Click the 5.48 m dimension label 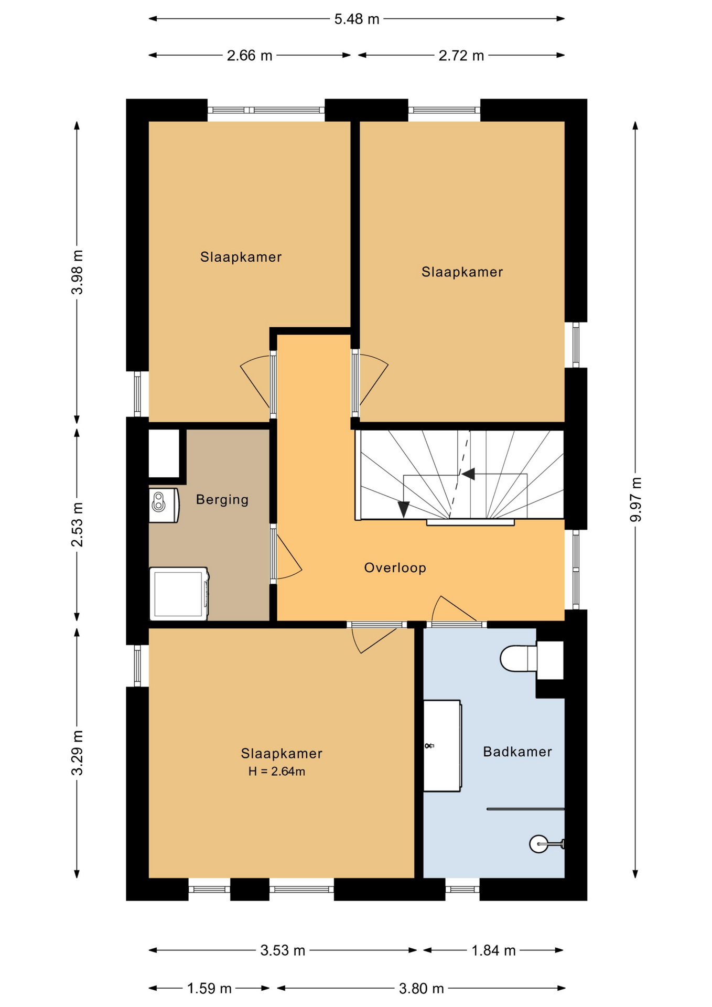coord(357,19)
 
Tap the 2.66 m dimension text coord(250,56)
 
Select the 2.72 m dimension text coord(461,56)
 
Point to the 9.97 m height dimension coord(635,499)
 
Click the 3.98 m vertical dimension coord(77,272)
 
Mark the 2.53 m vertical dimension coord(77,524)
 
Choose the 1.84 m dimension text coord(493,950)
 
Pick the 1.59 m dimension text coord(209,989)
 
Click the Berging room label coord(222,499)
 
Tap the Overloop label coord(395,567)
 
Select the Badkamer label coord(517,752)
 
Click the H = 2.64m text coord(276,772)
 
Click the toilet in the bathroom coord(518,658)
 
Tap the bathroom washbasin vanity coord(441,745)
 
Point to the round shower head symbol coord(538,844)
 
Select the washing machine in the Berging coord(179,594)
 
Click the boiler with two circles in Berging coord(163,505)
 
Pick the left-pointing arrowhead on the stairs coord(468,474)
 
